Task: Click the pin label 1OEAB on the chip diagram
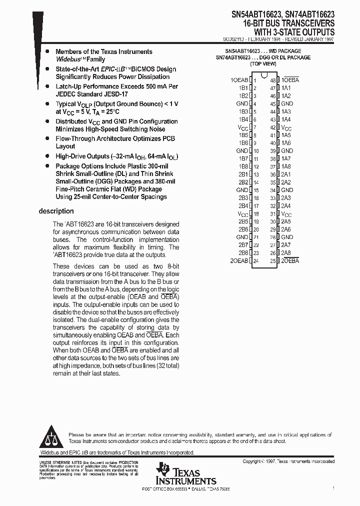(239, 80)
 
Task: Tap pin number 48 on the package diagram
(273, 80)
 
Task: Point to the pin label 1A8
(285, 166)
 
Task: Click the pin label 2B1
(243, 174)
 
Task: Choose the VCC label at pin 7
(242, 127)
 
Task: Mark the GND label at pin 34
(287, 190)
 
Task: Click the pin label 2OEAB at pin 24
(239, 261)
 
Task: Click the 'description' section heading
(56, 211)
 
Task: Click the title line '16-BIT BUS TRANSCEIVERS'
(289, 23)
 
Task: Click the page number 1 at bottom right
(333, 487)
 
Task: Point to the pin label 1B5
(243, 135)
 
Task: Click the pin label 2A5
(285, 221)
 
